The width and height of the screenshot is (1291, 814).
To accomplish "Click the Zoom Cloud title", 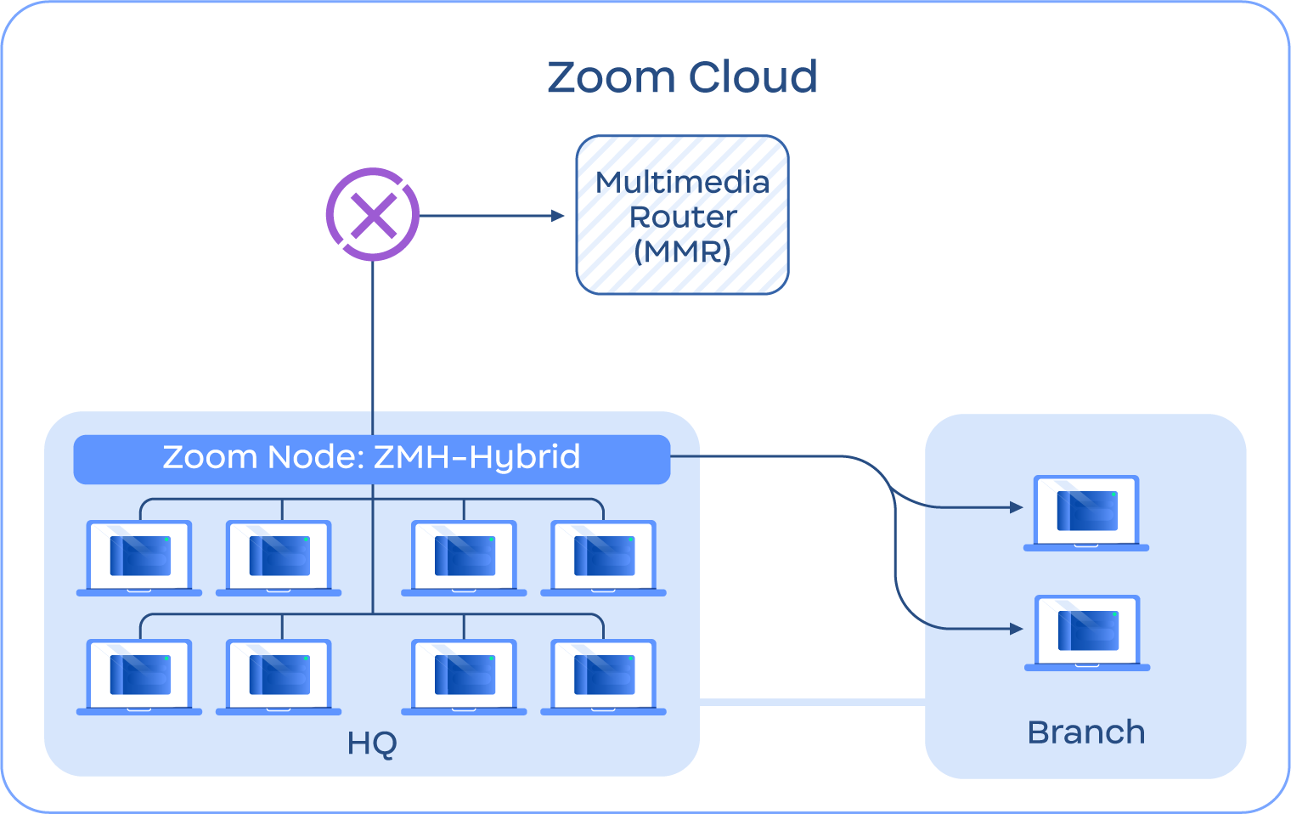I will coord(682,77).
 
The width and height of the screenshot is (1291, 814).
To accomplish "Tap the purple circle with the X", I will coord(373,215).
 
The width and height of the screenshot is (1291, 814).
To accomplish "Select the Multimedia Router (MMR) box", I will coord(683,216).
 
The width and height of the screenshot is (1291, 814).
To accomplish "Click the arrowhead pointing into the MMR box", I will coord(558,216).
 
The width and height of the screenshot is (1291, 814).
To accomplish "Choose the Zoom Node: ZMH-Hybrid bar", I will coord(372,458).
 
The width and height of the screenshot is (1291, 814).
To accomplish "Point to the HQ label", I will coord(372,744).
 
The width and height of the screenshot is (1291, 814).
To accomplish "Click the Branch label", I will coord(1085,732).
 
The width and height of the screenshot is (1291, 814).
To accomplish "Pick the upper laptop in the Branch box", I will coord(1086,512).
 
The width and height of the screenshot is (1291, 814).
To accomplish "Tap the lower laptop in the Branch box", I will coord(1087,632).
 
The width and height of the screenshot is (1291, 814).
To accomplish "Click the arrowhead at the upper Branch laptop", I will coord(1017,507).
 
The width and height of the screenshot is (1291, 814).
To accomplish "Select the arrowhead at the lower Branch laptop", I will coord(1017,629).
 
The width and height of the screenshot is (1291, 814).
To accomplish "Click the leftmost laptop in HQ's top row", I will coord(139,557).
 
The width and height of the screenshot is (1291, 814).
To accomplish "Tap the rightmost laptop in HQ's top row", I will coord(603,557).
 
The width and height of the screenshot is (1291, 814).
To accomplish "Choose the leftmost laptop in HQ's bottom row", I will coord(139,676).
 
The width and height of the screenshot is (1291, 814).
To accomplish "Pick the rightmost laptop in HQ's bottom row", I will coord(603,676).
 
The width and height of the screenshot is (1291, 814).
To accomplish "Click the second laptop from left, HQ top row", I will coord(279,557).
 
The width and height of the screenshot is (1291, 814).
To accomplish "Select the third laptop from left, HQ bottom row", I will coord(464,676).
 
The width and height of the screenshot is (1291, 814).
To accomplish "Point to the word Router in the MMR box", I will coord(683,218).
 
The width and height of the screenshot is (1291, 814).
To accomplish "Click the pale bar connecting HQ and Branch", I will coord(812,703).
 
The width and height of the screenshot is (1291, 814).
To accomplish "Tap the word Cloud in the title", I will coord(753,77).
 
